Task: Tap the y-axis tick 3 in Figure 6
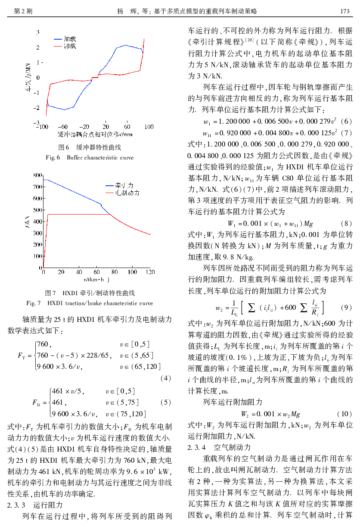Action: tap(38, 32)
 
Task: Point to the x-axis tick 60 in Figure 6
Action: tap(127, 127)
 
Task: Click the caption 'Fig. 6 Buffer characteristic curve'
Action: tap(90, 158)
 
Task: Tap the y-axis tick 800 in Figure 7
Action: tap(37, 175)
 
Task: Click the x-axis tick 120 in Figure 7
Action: tap(150, 272)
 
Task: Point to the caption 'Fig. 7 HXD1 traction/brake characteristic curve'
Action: tap(90, 303)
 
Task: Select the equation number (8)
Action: tap(346, 224)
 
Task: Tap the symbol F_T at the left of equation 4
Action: tap(22, 355)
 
